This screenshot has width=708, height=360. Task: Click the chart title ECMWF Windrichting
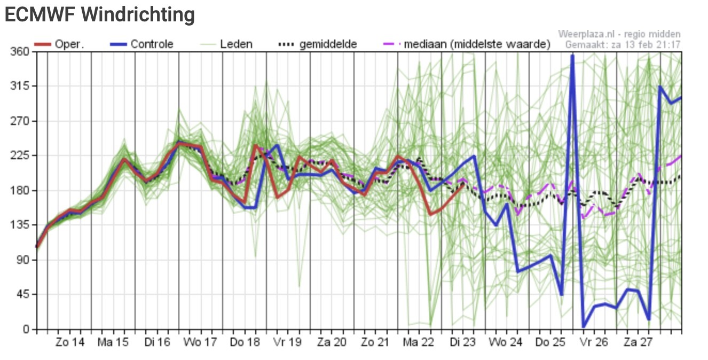pos(100,14)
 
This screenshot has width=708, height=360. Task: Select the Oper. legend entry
pos(59,44)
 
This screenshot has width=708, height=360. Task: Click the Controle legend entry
pos(141,44)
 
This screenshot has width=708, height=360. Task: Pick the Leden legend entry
pos(226,44)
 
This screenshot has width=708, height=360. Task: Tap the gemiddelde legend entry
pos(318,44)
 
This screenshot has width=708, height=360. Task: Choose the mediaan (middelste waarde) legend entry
pos(467,44)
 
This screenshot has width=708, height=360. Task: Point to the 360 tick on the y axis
pos(20,51)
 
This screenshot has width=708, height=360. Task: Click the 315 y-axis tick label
pos(20,85)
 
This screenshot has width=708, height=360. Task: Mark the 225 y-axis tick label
pos(20,155)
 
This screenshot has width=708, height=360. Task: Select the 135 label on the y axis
pos(20,225)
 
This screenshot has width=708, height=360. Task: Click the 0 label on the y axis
pos(26,330)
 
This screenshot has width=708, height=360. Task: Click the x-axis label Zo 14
pos(70,342)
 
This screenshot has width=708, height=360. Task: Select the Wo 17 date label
pos(200,342)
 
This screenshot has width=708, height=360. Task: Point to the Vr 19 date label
pos(287,342)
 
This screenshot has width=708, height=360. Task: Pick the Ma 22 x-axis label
pos(418,342)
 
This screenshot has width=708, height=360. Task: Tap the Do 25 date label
pos(550,342)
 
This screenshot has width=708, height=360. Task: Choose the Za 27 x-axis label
pos(638,342)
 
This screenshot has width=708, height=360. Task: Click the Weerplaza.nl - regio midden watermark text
pos(619,34)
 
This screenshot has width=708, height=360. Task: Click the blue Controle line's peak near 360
pos(572,56)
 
